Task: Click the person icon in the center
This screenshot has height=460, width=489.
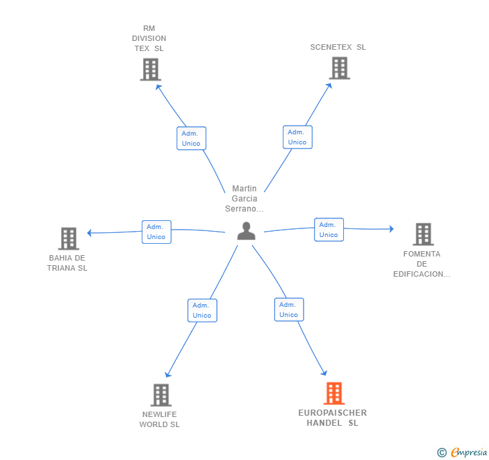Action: tap(246, 231)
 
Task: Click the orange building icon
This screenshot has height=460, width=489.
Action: tap(334, 394)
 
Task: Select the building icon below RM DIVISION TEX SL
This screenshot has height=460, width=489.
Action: tap(150, 70)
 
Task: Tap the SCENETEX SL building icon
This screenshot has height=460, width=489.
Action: tap(340, 68)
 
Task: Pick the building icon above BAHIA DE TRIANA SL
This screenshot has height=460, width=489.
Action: tap(69, 238)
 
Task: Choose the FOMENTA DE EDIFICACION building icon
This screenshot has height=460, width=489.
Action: tap(423, 234)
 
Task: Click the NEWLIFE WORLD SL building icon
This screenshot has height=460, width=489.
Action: tap(161, 395)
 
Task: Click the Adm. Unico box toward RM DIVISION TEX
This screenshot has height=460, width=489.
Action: tap(191, 138)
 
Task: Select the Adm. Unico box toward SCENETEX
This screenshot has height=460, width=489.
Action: tap(298, 137)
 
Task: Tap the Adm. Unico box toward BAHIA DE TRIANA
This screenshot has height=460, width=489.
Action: tap(157, 232)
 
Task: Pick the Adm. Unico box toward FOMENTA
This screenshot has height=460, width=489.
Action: tap(328, 230)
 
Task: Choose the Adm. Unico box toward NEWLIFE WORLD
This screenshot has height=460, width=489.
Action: tap(202, 310)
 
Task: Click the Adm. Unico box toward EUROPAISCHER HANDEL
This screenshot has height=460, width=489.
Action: tap(289, 310)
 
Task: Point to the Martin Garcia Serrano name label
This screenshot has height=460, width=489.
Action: tap(244, 198)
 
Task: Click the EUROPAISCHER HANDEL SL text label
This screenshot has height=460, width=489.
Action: tap(332, 418)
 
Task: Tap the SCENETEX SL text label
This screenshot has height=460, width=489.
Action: tap(338, 47)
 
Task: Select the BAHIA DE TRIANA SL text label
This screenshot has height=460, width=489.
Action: tap(67, 263)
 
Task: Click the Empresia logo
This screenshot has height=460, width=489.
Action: tap(462, 452)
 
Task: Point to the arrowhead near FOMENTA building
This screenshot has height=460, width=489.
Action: tap(392, 229)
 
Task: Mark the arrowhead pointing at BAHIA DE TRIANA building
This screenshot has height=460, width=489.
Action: tap(89, 232)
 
